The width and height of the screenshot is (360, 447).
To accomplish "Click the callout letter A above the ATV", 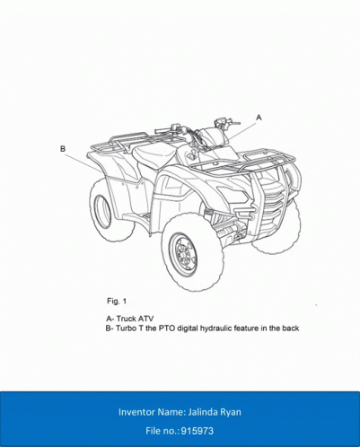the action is click(259, 118).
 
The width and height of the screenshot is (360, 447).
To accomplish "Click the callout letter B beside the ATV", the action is click(63, 149).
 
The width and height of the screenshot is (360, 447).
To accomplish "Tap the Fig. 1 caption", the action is click(117, 302).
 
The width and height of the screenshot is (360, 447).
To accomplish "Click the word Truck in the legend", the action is click(126, 319).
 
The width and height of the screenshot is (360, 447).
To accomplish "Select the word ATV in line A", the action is click(145, 319).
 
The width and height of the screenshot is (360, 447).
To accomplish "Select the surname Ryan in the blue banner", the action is click(231, 413).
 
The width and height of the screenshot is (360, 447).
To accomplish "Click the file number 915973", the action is click(198, 431).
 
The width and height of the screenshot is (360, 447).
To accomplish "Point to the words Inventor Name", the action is click(152, 412).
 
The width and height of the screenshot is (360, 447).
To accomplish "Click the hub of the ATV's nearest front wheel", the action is click(182, 255).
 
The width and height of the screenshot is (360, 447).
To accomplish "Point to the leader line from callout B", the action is click(84, 163).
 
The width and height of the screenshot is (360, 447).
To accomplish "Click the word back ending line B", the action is click(291, 329).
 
